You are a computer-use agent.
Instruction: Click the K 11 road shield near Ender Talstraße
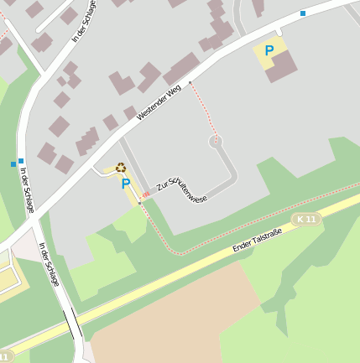tap(307, 219)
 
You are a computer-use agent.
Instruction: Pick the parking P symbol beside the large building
tap(269, 51)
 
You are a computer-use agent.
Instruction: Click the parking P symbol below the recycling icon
tap(126, 184)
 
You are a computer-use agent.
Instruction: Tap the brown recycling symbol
tap(121, 167)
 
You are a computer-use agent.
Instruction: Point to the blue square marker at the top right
tap(303, 13)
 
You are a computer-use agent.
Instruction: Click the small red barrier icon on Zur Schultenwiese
tap(145, 194)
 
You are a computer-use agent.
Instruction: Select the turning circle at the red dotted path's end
tap(216, 142)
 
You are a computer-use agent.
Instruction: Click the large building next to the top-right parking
tap(282, 66)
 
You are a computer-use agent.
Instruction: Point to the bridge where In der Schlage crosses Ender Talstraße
tap(73, 322)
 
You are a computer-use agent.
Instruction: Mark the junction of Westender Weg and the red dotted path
tap(190, 82)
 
